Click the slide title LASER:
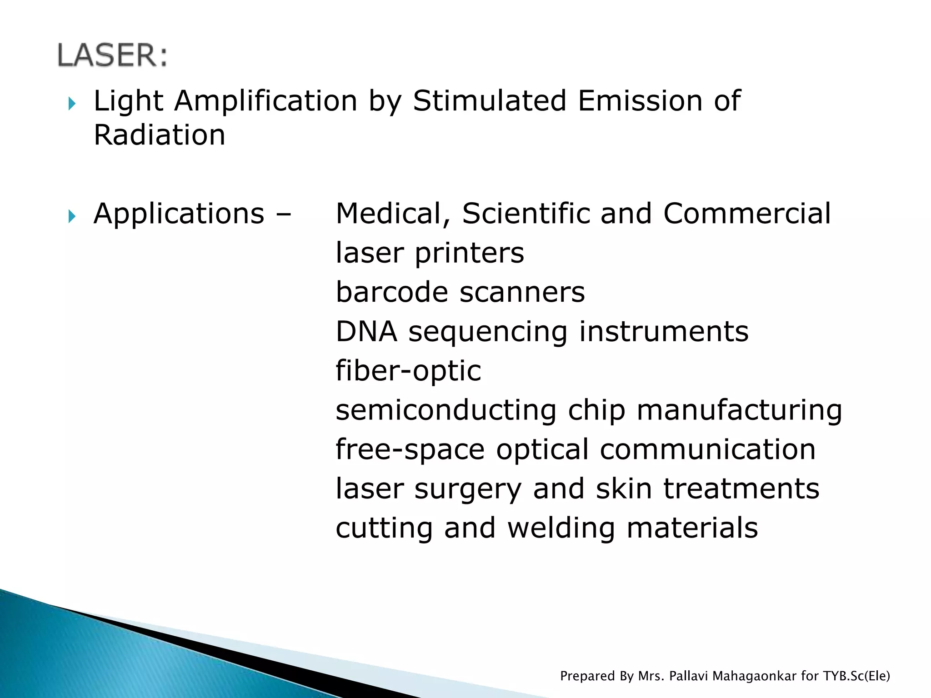point(112,55)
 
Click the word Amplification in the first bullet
point(266,100)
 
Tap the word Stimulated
point(490,100)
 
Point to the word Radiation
point(159,135)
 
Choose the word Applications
point(179,214)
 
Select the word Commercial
point(747,214)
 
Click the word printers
point(469,253)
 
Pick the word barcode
point(392,292)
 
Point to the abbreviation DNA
point(366,331)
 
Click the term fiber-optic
point(408,371)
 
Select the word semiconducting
point(446,410)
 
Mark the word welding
point(561,528)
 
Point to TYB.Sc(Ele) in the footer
point(856,676)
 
